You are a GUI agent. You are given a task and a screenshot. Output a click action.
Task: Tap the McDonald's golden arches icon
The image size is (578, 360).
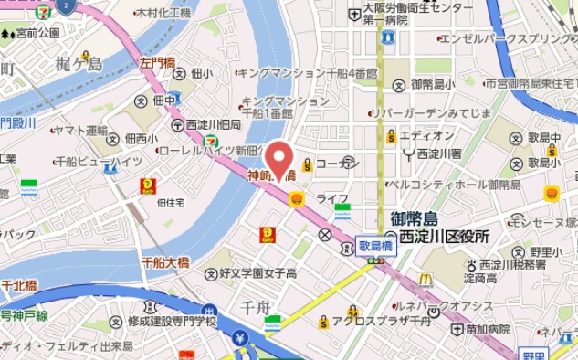click(x=426, y=281)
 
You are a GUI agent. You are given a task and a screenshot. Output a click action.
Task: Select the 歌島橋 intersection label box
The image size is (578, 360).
click(x=374, y=246)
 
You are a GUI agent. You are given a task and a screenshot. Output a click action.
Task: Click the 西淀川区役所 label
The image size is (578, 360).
click(x=437, y=237)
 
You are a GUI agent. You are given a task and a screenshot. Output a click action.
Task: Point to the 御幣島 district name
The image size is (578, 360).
click(x=414, y=218)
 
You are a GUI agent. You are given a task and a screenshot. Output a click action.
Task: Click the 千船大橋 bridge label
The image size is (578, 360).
click(x=165, y=262)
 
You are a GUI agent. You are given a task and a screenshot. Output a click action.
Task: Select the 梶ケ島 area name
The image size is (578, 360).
click(x=79, y=63)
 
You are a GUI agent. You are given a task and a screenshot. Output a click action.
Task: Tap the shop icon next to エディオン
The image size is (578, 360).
click(x=391, y=136)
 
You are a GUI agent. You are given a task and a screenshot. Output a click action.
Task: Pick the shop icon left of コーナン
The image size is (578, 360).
click(x=308, y=165)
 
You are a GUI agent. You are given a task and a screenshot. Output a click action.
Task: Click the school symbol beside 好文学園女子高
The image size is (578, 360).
click(x=212, y=273)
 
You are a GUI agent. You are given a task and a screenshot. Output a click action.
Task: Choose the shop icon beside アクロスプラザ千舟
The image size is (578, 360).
click(x=323, y=322)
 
